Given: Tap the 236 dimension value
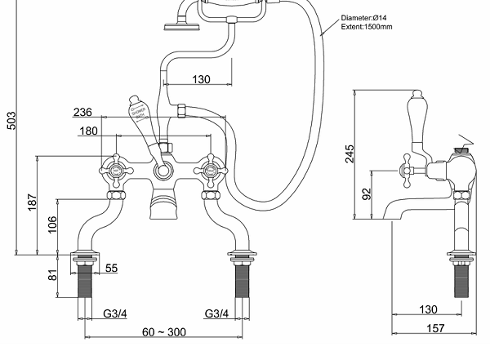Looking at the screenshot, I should click(105, 113).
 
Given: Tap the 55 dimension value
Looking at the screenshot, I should click(111, 268).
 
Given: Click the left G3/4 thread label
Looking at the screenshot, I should click(114, 313).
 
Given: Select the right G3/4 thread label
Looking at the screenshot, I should click(216, 313).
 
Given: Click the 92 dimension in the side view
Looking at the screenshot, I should click(366, 193).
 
